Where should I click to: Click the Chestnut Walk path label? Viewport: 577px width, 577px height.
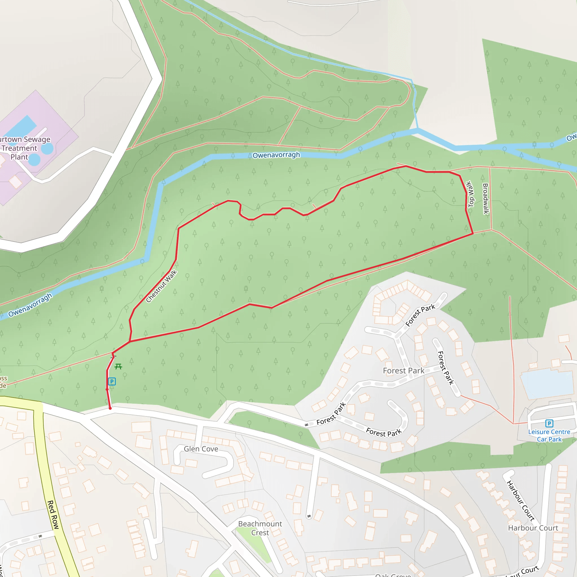[161, 286]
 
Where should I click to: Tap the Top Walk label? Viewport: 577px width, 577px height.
[470, 194]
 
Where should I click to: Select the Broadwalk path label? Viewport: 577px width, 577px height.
[486, 199]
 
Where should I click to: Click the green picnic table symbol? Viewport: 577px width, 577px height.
[118, 367]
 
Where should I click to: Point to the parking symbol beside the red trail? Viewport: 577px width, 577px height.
[112, 381]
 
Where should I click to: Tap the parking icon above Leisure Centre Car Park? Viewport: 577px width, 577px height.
[549, 423]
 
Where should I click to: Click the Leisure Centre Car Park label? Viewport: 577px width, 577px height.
[549, 436]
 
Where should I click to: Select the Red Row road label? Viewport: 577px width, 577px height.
[53, 514]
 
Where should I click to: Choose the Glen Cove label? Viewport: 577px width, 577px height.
[201, 449]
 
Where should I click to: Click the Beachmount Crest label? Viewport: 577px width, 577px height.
[260, 528]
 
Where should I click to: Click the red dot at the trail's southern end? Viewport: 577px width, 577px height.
[110, 408]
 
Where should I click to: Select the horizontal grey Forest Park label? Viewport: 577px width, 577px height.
[403, 371]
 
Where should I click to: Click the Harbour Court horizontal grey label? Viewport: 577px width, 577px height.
[533, 528]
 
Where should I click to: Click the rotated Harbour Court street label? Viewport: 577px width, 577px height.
[520, 501]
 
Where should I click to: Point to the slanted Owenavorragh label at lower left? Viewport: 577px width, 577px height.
[30, 305]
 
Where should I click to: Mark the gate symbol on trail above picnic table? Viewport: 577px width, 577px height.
[114, 357]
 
